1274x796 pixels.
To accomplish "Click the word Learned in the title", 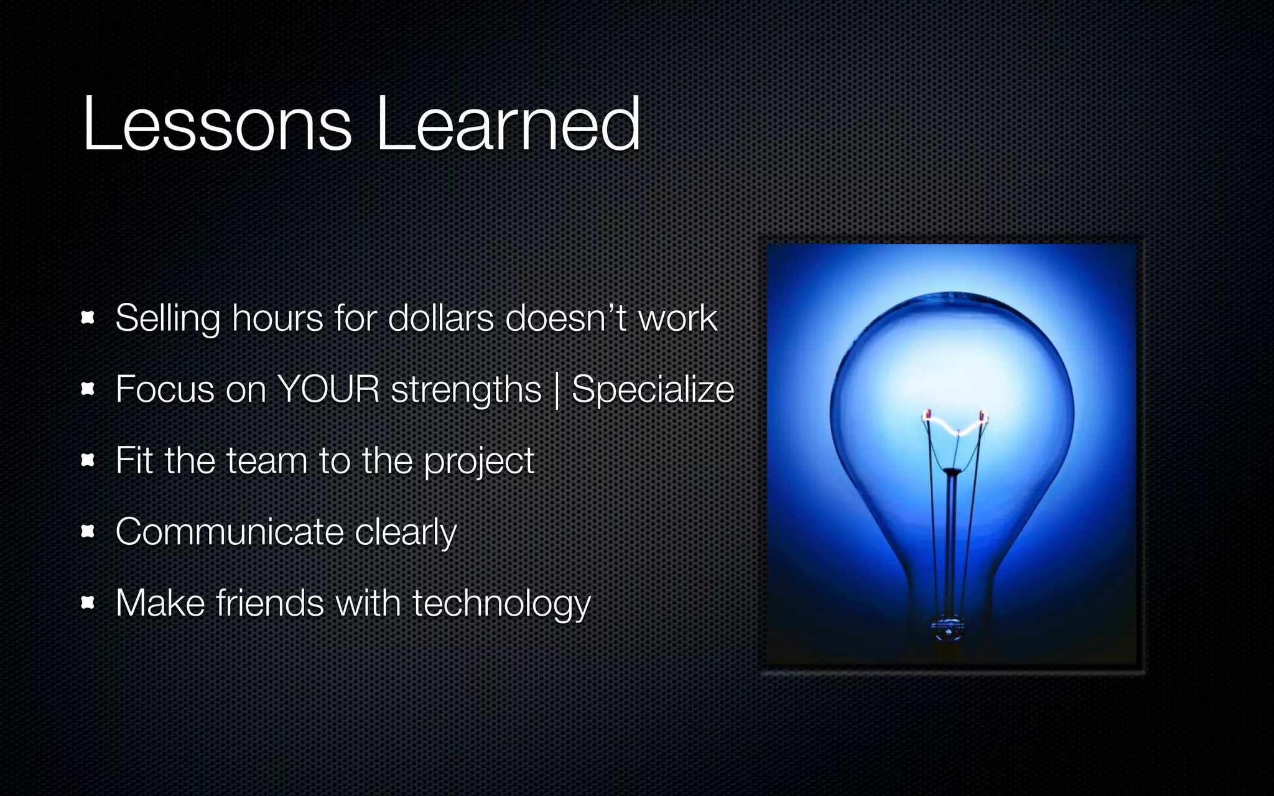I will pyautogui.click(x=507, y=124).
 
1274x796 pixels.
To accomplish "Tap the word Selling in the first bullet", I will pyautogui.click(x=167, y=318).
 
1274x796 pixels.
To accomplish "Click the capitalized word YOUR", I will pyautogui.click(x=328, y=390).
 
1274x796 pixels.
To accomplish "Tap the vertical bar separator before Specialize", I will pyautogui.click(x=557, y=392).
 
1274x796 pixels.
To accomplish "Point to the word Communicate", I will pyautogui.click(x=230, y=532).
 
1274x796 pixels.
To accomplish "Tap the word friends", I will pyautogui.click(x=269, y=603).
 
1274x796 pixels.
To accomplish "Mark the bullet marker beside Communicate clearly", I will pyautogui.click(x=88, y=532).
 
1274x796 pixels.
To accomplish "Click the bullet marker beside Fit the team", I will pyautogui.click(x=88, y=460).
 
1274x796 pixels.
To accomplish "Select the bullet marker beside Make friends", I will pyautogui.click(x=88, y=603).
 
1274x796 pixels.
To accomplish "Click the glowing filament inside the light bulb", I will pyautogui.click(x=954, y=426).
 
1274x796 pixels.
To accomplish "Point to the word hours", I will pyautogui.click(x=277, y=318).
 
